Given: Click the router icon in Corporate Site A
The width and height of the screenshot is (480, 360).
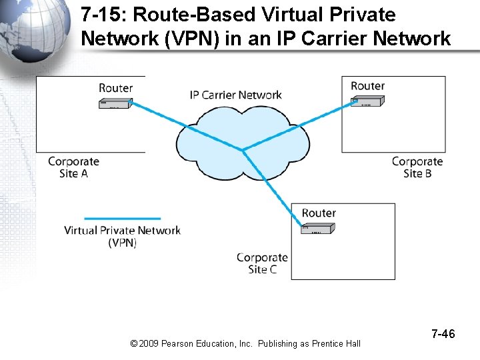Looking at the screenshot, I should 115,103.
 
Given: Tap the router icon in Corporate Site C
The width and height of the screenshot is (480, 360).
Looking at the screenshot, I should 318,229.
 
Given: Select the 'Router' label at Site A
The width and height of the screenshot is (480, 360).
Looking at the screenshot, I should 116,88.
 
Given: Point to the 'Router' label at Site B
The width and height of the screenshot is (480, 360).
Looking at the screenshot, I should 367,86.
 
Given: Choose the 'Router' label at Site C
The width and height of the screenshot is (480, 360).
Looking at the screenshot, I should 319,213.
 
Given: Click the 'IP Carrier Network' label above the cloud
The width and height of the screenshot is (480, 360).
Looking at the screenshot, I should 236,95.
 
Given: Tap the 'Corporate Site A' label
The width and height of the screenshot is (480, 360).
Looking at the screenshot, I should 73,167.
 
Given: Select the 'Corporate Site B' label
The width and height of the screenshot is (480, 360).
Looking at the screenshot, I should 417,167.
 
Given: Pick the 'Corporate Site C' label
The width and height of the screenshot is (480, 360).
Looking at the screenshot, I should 262,263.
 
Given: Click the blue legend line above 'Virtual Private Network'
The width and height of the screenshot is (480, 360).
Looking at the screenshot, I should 122,218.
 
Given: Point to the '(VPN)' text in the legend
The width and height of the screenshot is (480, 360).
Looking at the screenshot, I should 122,243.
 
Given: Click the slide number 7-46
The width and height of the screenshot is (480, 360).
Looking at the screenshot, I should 443,333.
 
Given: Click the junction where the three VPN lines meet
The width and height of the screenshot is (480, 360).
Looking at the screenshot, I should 243,149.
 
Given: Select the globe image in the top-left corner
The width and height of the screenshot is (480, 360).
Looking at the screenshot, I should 33,30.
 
